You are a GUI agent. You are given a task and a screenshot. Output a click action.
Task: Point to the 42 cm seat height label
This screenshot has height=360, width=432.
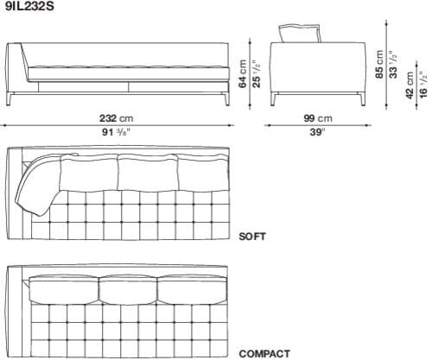410,85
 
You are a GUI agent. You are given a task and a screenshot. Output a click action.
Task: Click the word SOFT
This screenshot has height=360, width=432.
252,235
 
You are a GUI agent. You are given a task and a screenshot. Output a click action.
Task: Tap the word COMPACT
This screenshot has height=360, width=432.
264,353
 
